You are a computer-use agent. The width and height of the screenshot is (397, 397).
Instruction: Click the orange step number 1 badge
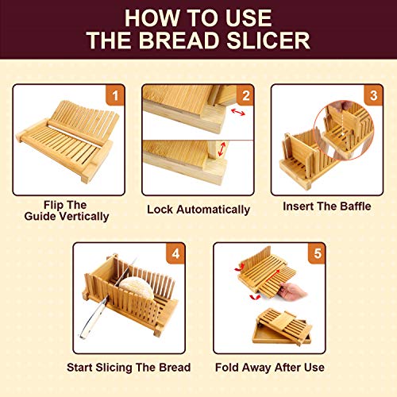click(115, 96)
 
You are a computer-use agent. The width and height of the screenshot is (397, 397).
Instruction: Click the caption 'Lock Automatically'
click(198, 210)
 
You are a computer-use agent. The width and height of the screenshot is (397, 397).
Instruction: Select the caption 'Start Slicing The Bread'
click(129, 367)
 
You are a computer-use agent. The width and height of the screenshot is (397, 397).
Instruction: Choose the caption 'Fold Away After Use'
click(268, 367)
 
